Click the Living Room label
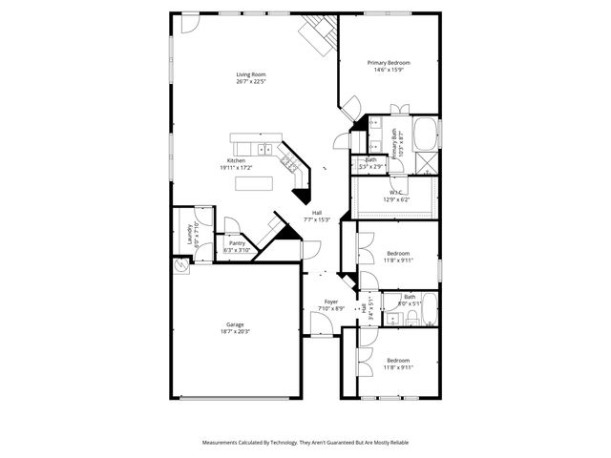click(251, 74)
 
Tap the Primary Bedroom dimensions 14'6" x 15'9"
click(389, 70)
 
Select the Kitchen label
click(236, 160)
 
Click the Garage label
click(234, 325)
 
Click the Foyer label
click(330, 302)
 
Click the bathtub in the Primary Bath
click(426, 134)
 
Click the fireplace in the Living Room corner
click(318, 36)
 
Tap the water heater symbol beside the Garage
click(182, 269)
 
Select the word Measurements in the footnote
click(223, 443)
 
